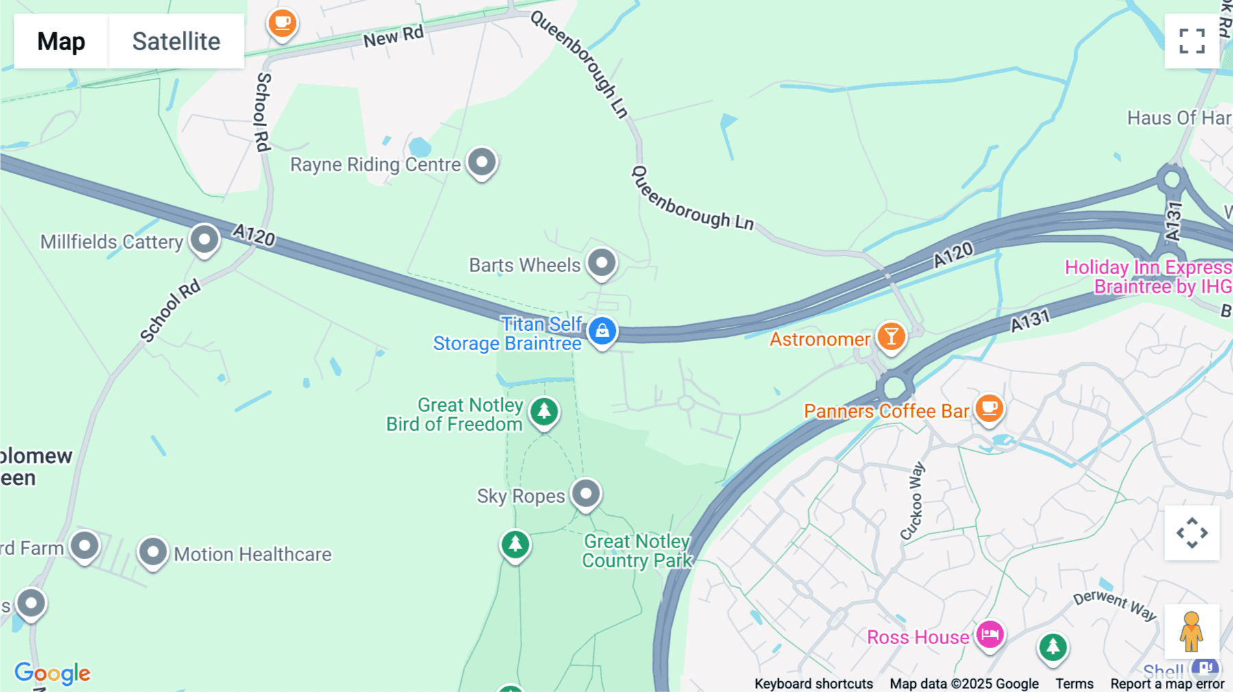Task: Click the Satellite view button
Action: pyautogui.click(x=176, y=41)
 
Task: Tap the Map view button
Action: pyautogui.click(x=61, y=41)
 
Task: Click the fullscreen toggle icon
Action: pyautogui.click(x=1191, y=41)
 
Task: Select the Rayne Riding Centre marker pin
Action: pyautogui.click(x=482, y=163)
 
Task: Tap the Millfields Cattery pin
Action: pyautogui.click(x=204, y=240)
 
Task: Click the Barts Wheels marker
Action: pyautogui.click(x=601, y=263)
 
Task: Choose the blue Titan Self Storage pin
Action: pyautogui.click(x=602, y=331)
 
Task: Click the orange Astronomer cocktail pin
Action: pyautogui.click(x=891, y=337)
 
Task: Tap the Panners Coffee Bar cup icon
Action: pyautogui.click(x=988, y=409)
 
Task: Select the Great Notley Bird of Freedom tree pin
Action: pyautogui.click(x=544, y=412)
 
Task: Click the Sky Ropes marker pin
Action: pyautogui.click(x=586, y=494)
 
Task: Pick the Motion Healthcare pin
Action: pyautogui.click(x=153, y=552)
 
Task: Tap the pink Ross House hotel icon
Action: pyautogui.click(x=990, y=635)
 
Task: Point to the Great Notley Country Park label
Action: pyautogui.click(x=637, y=551)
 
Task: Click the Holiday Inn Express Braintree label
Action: pyautogui.click(x=1148, y=277)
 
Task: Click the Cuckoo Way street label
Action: pyautogui.click(x=912, y=501)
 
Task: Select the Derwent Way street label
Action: pyautogui.click(x=1114, y=604)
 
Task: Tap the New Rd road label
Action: pyautogui.click(x=393, y=36)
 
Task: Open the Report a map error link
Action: pyautogui.click(x=1167, y=684)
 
